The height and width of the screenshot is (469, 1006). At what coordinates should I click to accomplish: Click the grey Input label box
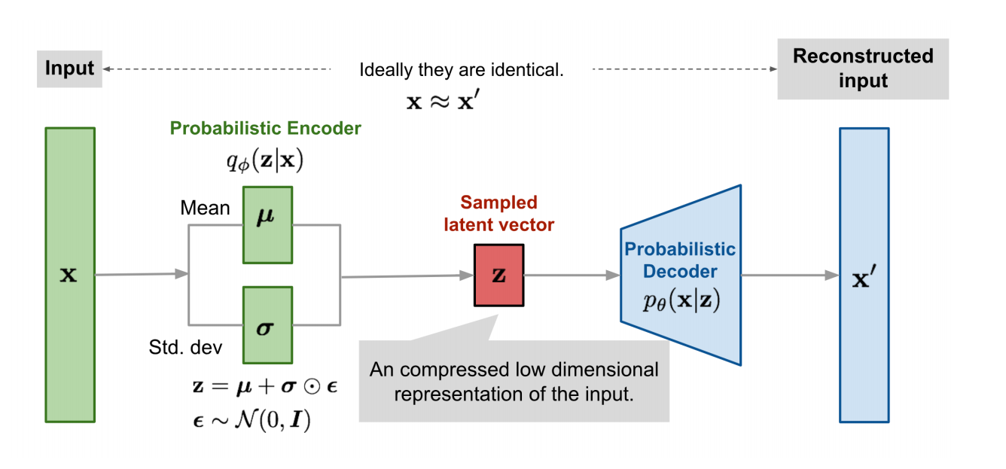click(x=69, y=69)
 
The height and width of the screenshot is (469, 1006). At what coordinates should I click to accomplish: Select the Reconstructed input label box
click(x=863, y=69)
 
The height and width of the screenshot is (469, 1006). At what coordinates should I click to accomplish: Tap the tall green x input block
click(x=69, y=274)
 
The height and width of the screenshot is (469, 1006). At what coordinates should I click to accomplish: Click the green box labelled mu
click(x=267, y=225)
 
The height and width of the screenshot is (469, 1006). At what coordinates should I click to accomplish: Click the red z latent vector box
click(x=498, y=275)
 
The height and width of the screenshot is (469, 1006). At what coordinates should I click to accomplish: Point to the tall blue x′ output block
click(x=864, y=275)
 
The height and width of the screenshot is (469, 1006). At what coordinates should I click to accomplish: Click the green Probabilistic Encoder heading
click(x=265, y=128)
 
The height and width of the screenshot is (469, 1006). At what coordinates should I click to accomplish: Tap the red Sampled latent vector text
click(x=498, y=213)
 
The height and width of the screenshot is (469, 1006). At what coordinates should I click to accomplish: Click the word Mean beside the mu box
click(x=205, y=208)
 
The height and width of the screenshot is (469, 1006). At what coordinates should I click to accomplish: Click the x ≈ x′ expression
click(x=443, y=101)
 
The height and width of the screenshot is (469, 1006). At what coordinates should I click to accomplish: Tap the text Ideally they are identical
click(x=461, y=71)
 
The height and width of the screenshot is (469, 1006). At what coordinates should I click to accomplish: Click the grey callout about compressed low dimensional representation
click(x=514, y=381)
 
